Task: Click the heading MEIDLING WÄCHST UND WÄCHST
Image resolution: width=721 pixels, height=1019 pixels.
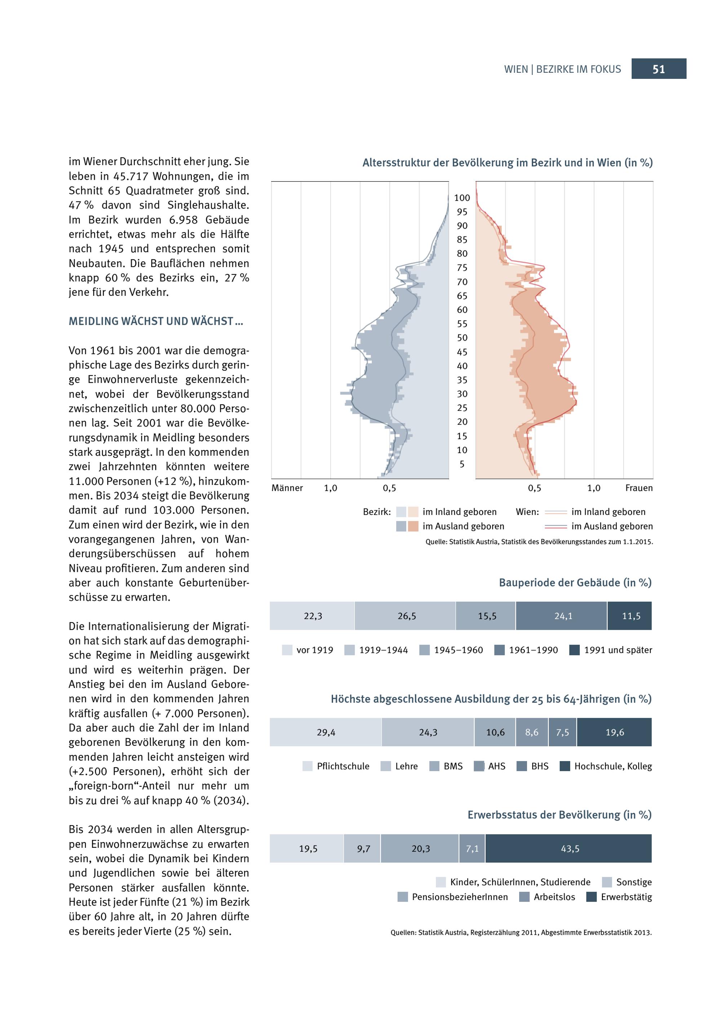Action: tap(155, 321)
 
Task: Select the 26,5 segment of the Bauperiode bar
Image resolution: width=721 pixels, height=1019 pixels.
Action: tap(406, 616)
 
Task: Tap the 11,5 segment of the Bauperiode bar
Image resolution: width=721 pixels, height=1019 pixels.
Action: tap(631, 616)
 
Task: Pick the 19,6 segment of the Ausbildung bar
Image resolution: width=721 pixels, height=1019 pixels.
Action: tap(614, 732)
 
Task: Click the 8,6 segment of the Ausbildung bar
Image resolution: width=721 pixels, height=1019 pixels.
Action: tap(531, 732)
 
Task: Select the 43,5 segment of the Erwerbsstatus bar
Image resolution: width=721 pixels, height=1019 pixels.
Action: tap(570, 849)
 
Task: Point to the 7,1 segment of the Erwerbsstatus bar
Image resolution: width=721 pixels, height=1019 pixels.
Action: tap(472, 849)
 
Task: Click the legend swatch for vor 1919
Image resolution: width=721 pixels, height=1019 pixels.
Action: tap(287, 650)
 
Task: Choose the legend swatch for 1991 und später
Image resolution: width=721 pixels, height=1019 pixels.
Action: tap(575, 650)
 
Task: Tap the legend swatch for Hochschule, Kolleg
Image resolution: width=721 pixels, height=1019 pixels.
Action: tap(565, 766)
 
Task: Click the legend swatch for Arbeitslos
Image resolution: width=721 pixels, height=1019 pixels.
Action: tap(524, 897)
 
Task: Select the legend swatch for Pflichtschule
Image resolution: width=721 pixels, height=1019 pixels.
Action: tap(307, 766)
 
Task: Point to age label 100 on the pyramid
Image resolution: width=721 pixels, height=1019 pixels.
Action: tap(462, 198)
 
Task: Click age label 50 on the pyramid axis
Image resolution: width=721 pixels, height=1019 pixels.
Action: tap(462, 338)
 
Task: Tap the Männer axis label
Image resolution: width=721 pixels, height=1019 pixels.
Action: tap(287, 488)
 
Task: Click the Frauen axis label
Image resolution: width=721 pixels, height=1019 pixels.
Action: tap(639, 488)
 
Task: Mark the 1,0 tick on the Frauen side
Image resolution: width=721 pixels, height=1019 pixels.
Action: tap(594, 488)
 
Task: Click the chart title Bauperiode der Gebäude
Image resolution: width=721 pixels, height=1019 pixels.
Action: tap(575, 583)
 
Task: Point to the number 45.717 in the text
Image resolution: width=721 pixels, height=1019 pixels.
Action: tap(130, 176)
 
